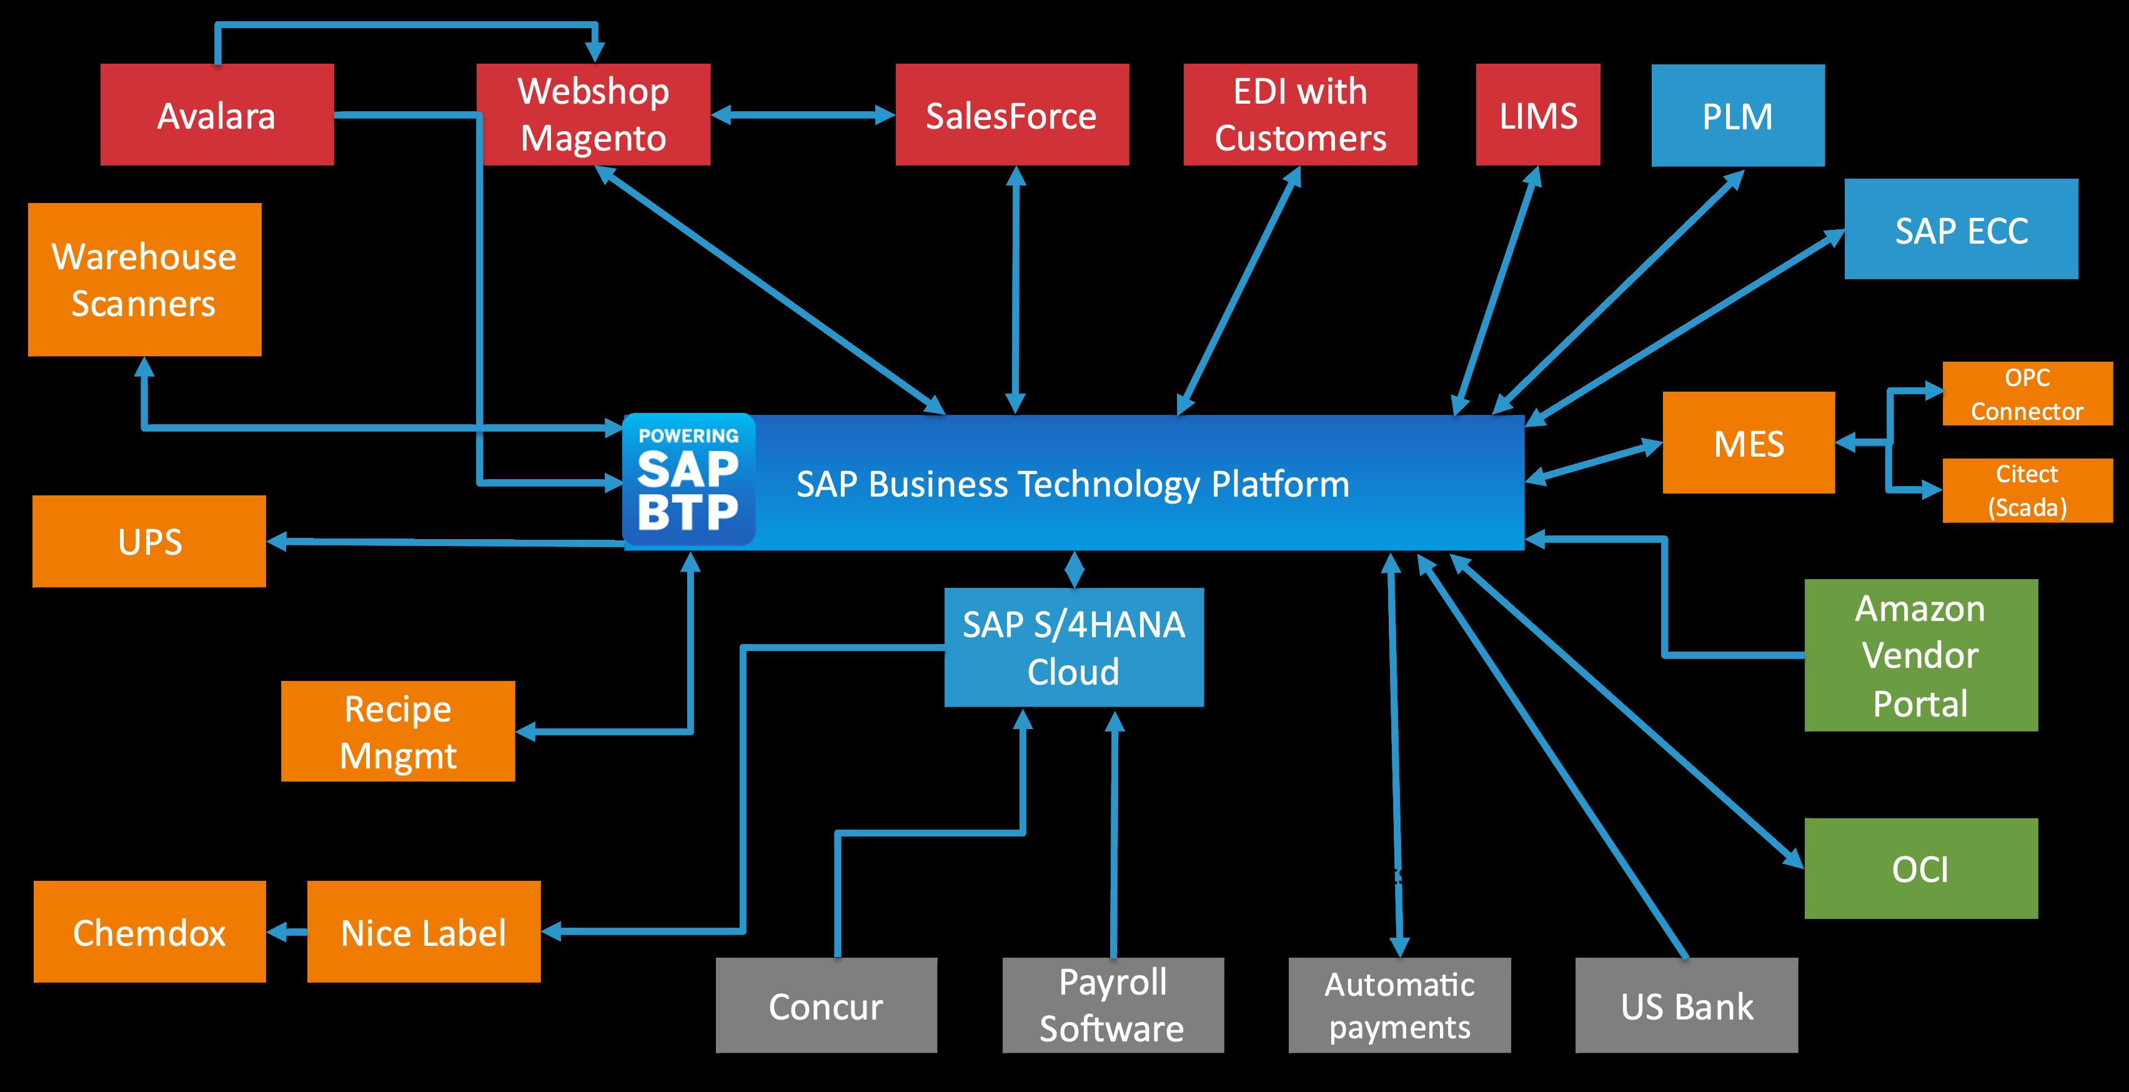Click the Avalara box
coord(217,115)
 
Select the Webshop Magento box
coord(593,115)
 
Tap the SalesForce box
coord(1011,115)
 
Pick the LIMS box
coord(1537,115)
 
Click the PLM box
coord(1737,116)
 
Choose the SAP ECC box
coord(1960,229)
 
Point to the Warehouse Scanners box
coord(145,279)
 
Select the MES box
coord(1748,443)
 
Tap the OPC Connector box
coord(2027,394)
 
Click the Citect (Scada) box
coord(2027,490)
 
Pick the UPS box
coord(149,542)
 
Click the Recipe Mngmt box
coord(397,732)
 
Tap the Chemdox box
coord(149,931)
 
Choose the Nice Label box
coord(423,931)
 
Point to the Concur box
coord(826,1005)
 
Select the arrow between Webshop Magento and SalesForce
coord(803,115)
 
